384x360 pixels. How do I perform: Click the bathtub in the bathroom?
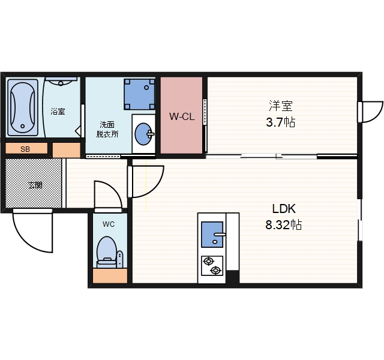coord(23,107)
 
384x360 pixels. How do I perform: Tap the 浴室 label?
coord(58,112)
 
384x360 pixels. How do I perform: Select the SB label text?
coord(25,149)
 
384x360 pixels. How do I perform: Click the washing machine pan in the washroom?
coord(139,94)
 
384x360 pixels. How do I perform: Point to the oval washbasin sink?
coord(143,134)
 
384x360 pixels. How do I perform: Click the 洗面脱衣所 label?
coord(107,130)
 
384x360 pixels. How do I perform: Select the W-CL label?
coord(182,116)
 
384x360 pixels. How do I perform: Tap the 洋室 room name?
coord(281,106)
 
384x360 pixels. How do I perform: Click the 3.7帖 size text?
coord(281,122)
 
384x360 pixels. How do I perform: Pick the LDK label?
coord(284,209)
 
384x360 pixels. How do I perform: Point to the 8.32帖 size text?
coord(284,224)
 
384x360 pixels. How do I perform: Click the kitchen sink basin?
coord(212,235)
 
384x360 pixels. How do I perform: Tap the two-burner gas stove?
coord(212,266)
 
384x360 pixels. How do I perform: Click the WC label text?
coord(109,224)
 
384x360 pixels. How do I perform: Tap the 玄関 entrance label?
coord(35,185)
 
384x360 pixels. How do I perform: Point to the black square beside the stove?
coord(232,277)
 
